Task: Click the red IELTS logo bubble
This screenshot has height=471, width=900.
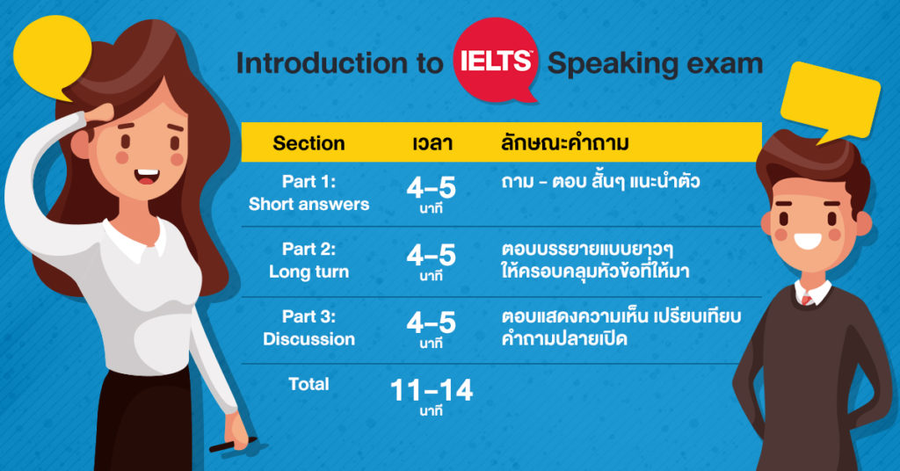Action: pyautogui.click(x=496, y=60)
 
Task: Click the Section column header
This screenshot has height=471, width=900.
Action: pyautogui.click(x=308, y=143)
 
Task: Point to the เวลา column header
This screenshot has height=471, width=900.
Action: pyautogui.click(x=432, y=143)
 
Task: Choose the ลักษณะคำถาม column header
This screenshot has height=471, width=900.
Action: pyautogui.click(x=565, y=142)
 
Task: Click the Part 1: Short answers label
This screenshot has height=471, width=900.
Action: pyautogui.click(x=308, y=192)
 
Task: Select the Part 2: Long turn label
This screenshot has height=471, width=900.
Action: pyautogui.click(x=308, y=260)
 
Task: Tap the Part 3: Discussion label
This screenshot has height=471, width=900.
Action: pyautogui.click(x=308, y=328)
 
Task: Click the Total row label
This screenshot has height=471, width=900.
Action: pyautogui.click(x=308, y=384)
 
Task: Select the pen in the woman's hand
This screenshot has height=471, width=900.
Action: pyautogui.click(x=232, y=445)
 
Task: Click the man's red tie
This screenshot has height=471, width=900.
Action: pyautogui.click(x=808, y=299)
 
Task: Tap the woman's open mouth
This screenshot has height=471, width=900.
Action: pyautogui.click(x=147, y=177)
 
